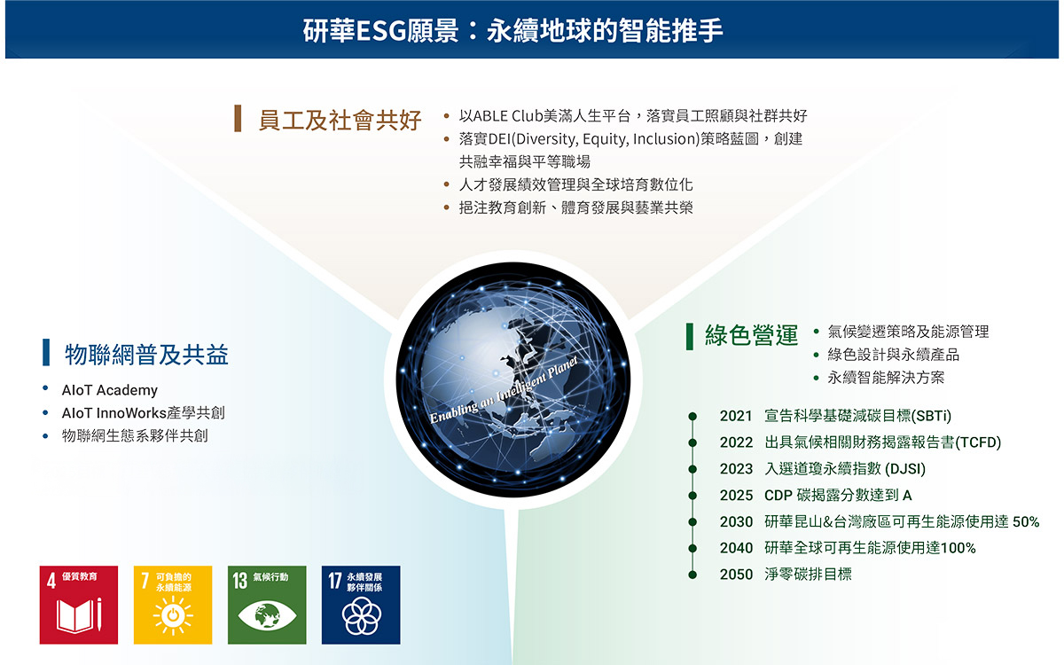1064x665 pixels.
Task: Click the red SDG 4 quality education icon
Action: point(79,605)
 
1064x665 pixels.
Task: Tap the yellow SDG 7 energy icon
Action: point(173,605)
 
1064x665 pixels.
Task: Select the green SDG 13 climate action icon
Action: point(267,605)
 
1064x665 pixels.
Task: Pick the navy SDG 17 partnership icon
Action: point(361,605)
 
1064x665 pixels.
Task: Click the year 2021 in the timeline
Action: point(736,416)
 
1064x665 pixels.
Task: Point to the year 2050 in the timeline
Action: point(736,575)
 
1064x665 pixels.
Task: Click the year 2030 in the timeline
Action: point(736,522)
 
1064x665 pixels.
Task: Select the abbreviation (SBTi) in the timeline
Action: point(932,416)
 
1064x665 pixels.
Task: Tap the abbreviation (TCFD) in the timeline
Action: point(978,442)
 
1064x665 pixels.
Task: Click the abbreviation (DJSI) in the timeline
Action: point(905,469)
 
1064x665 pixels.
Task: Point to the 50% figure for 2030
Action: point(1026,522)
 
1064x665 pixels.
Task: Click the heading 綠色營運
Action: point(752,335)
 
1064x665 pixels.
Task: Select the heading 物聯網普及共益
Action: point(147,355)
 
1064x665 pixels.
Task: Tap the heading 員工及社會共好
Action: point(340,120)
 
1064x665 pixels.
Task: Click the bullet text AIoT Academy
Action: point(110,390)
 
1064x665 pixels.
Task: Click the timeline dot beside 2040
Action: point(692,548)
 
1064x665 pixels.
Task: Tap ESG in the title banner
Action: point(381,31)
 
